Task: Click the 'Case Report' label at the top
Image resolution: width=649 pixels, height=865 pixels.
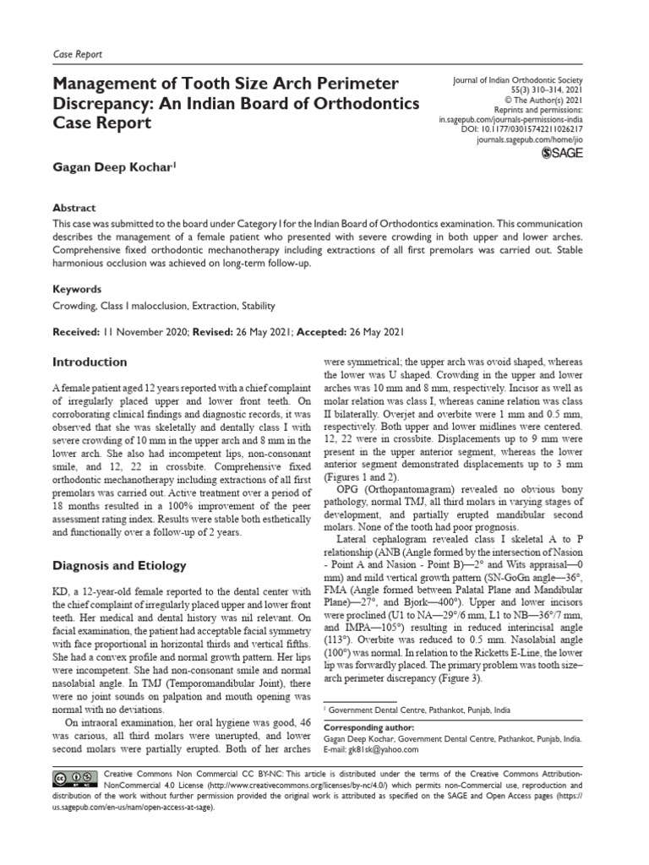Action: click(77, 54)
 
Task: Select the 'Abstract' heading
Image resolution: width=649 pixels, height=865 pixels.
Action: click(74, 208)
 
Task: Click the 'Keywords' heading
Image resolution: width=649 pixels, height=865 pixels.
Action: click(77, 289)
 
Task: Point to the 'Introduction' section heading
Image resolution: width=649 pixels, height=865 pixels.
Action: click(90, 362)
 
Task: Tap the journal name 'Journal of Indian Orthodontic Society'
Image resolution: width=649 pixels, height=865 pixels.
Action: click(518, 81)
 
